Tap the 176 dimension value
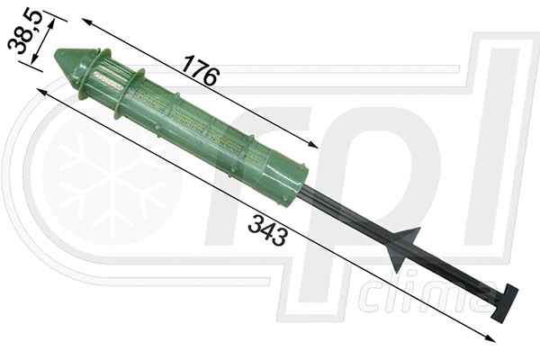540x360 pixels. (x=200, y=70)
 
